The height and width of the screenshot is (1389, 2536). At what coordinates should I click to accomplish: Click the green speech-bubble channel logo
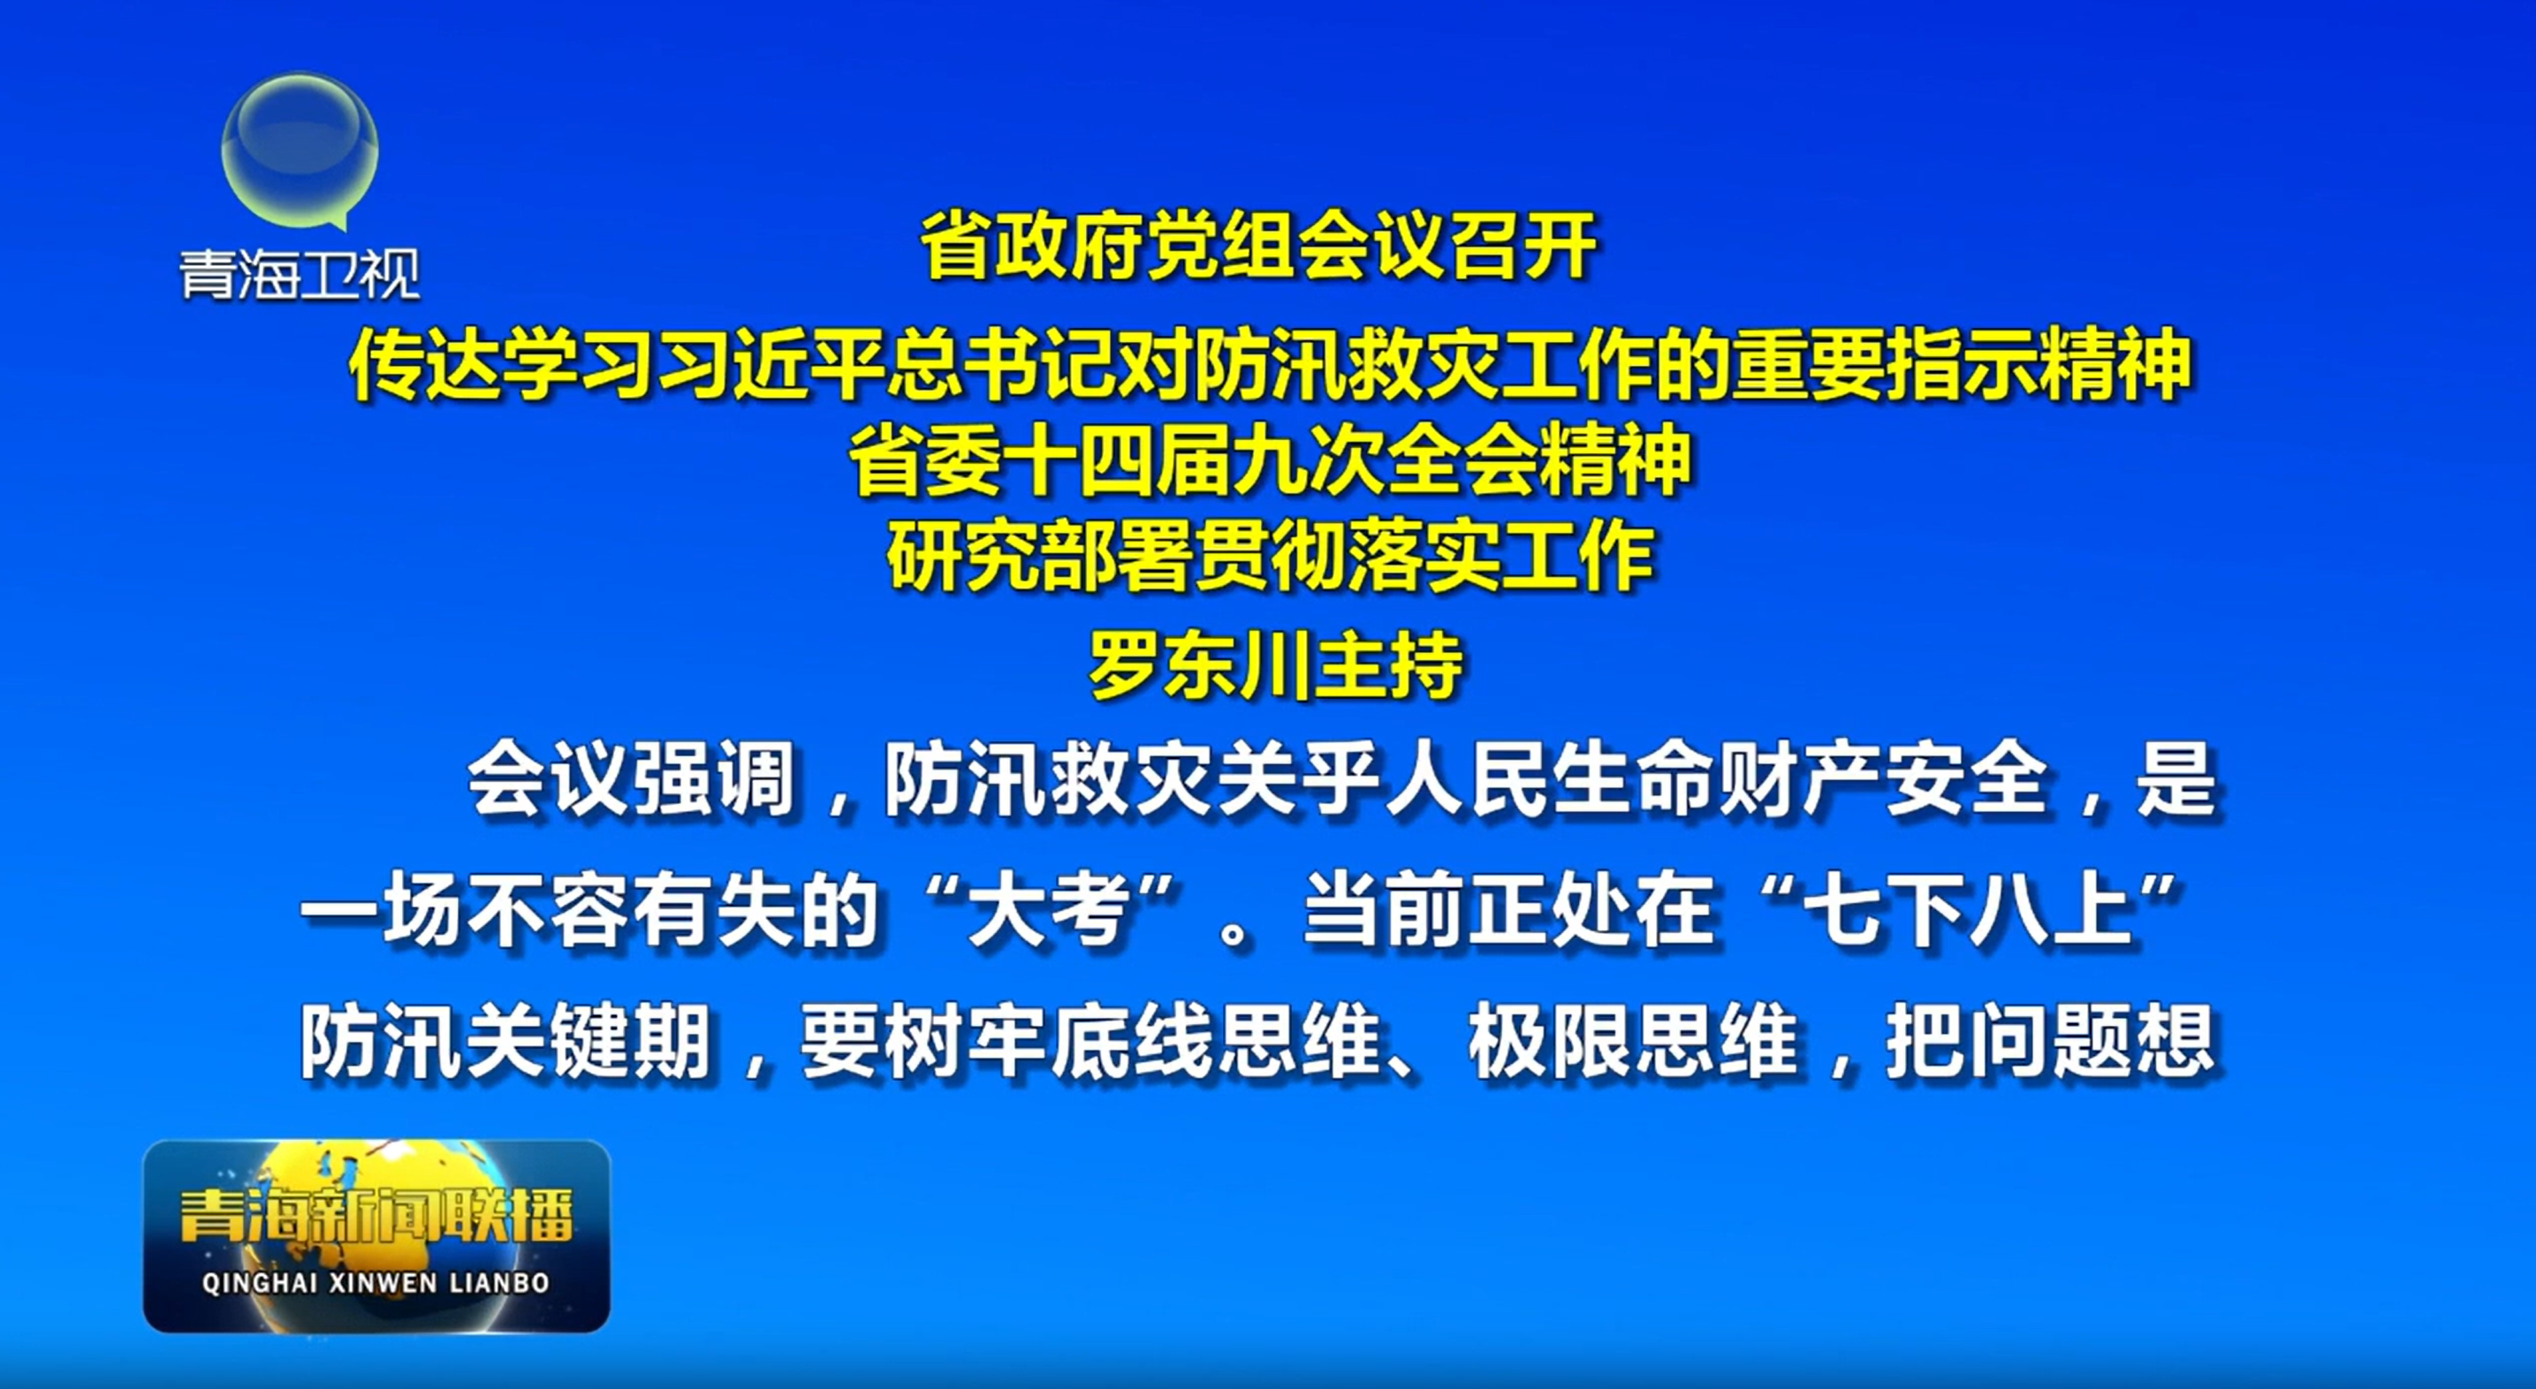pos(300,149)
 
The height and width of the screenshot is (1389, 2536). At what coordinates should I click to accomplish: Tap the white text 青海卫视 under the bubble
pos(300,274)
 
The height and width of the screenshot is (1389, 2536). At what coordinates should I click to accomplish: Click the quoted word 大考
pos(1049,913)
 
